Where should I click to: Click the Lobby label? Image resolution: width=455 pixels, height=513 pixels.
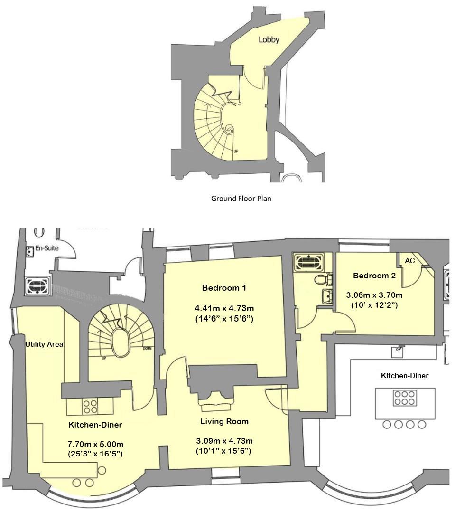click(x=269, y=40)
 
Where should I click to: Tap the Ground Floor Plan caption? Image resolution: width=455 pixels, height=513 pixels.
click(x=241, y=199)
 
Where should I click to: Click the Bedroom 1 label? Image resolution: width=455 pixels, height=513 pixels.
click(x=224, y=288)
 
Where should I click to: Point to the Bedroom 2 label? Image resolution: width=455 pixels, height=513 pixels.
click(x=374, y=275)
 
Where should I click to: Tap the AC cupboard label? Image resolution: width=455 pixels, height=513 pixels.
click(x=409, y=262)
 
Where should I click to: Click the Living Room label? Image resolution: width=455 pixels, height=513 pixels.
click(x=224, y=421)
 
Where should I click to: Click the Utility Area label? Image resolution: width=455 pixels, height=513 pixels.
click(x=44, y=344)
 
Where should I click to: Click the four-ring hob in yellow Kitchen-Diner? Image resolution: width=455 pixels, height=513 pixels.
click(x=91, y=406)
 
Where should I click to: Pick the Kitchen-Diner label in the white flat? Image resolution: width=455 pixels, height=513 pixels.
click(x=405, y=376)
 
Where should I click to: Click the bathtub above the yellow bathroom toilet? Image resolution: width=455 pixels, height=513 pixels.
click(x=309, y=262)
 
